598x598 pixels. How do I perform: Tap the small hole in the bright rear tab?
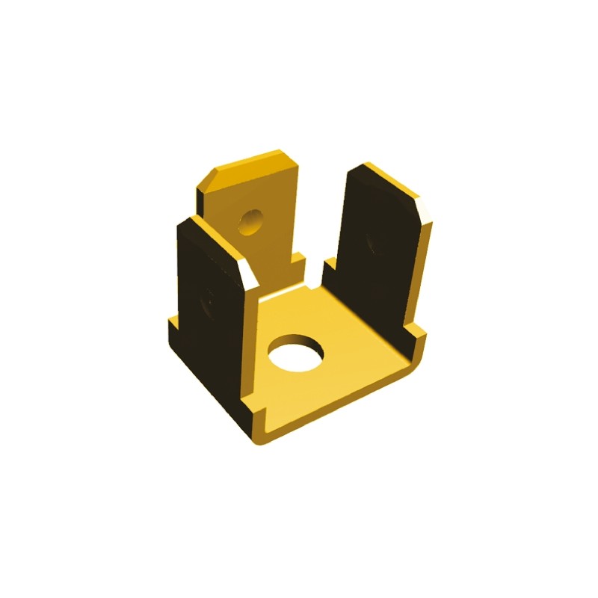[251, 221]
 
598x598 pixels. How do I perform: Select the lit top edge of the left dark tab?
[217, 236]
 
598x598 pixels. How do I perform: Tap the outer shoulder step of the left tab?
[173, 326]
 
